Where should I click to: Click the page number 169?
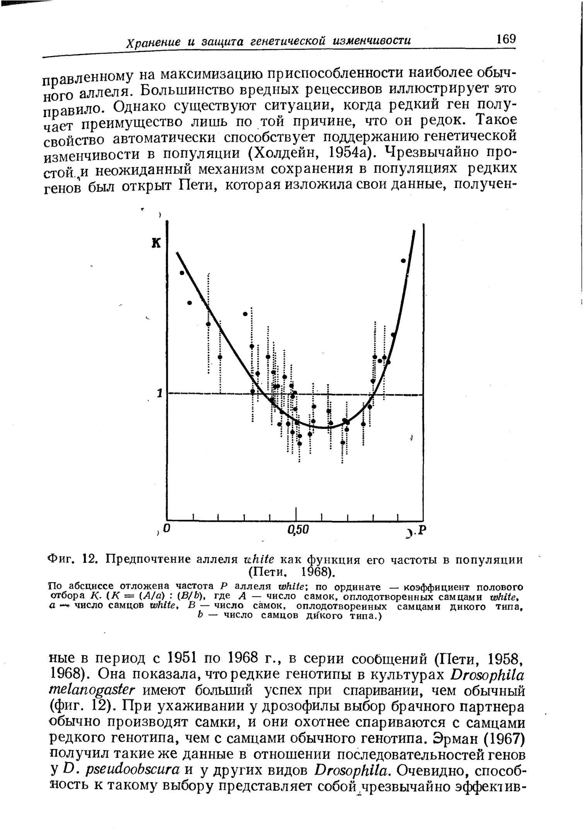[506, 39]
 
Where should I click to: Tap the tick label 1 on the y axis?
[159, 394]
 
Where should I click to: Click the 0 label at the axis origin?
[166, 528]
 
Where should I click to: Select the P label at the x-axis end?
[421, 529]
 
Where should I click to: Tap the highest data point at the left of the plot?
[182, 273]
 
